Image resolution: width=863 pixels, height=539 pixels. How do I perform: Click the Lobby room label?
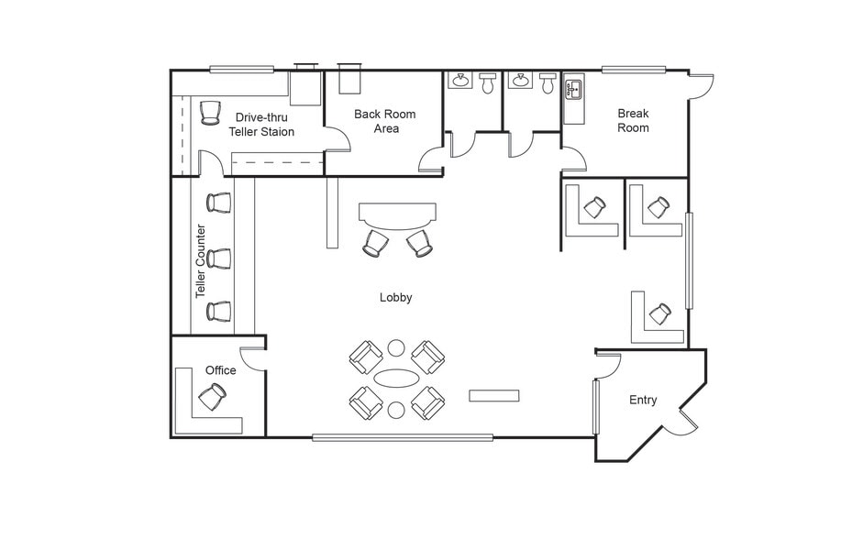tap(395, 298)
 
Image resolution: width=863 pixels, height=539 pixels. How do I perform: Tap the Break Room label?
tap(633, 120)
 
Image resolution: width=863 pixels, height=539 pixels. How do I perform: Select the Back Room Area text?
tap(384, 122)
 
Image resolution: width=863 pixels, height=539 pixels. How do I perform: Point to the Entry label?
tap(643, 400)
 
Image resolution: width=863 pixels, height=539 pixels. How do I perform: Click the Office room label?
tap(221, 370)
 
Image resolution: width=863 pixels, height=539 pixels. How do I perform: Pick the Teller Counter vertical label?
tap(200, 261)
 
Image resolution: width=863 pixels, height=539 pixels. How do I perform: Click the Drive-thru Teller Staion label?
tap(261, 125)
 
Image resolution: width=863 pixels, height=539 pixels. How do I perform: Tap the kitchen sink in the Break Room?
tap(573, 89)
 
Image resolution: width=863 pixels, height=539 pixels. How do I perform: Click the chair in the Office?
tap(212, 396)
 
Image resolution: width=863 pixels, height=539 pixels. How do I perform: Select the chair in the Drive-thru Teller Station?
tap(210, 112)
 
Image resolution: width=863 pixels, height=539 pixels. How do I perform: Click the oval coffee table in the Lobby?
tap(395, 378)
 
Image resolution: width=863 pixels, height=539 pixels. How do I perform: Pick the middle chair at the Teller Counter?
tap(218, 258)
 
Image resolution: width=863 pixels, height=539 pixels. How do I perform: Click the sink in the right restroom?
tap(520, 81)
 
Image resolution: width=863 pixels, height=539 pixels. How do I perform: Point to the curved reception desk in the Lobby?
tap(397, 215)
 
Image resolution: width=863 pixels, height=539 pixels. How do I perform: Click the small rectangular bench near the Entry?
tap(493, 395)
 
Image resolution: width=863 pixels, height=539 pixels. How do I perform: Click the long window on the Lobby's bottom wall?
tap(403, 438)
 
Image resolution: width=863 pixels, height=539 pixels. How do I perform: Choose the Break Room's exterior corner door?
tap(701, 86)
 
